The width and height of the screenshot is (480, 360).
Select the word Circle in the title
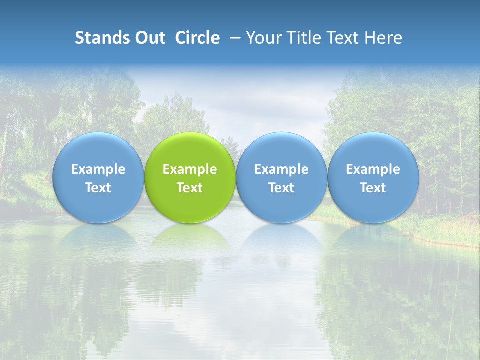tap(197, 38)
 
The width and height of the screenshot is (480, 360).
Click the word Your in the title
tap(263, 38)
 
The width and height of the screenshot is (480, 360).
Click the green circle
tap(190, 150)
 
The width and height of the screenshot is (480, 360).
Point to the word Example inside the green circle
tap(190, 169)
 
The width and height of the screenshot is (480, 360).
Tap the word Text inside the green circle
tap(190, 188)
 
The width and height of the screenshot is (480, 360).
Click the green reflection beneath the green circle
tap(190, 237)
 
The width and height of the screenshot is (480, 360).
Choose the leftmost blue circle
tap(98, 150)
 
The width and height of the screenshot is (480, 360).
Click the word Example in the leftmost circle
tap(98, 169)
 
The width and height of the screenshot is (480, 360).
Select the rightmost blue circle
tap(373, 150)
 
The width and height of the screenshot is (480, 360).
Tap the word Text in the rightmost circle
tap(373, 188)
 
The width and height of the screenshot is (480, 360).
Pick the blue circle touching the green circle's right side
tap(281, 150)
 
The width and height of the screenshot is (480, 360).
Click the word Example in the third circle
tap(281, 169)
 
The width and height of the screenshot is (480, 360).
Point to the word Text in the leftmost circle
tap(98, 188)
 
